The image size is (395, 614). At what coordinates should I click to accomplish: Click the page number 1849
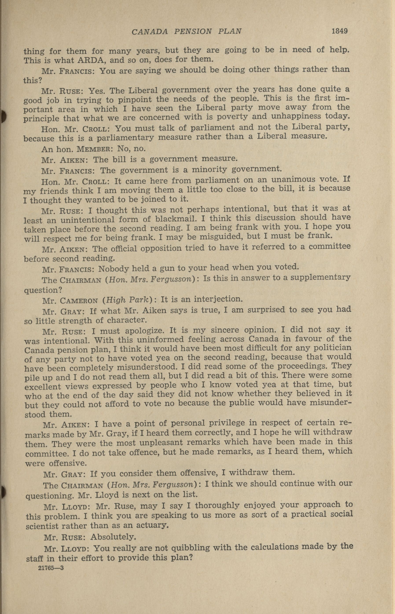pyautogui.click(x=339, y=31)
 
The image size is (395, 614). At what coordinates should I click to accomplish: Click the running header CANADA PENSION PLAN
pyautogui.click(x=186, y=31)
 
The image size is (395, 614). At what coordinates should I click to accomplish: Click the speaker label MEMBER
pyautogui.click(x=96, y=149)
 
